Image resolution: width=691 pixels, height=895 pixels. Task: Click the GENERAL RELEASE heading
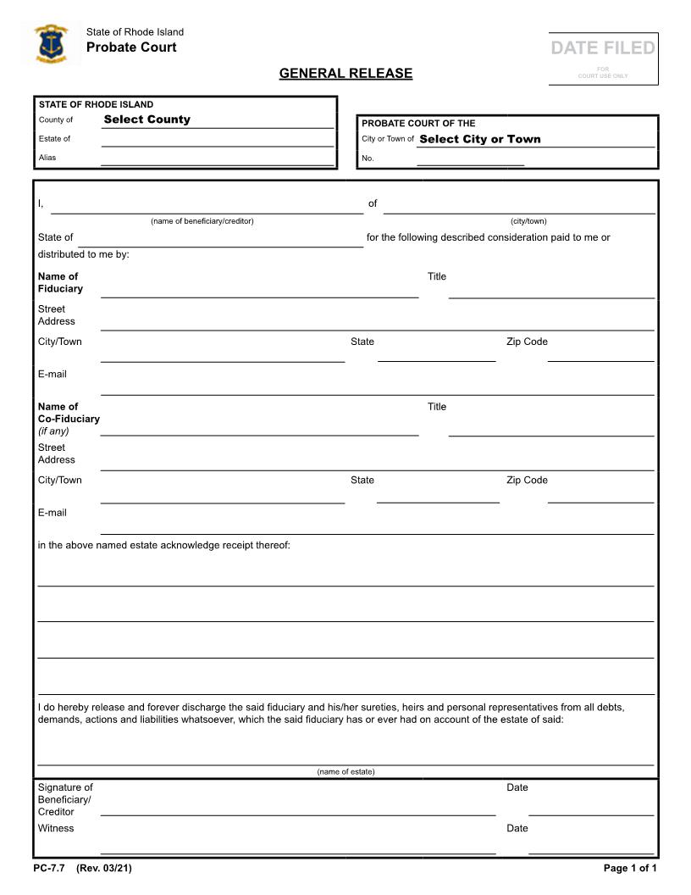(x=345, y=73)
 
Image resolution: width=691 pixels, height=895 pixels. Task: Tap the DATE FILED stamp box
(x=603, y=58)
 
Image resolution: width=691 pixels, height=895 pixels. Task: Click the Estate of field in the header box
(x=217, y=139)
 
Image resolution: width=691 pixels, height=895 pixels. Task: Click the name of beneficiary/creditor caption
(x=202, y=221)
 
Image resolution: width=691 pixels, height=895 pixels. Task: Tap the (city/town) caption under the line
(x=528, y=221)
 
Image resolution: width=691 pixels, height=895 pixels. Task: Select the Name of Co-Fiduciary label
(x=69, y=413)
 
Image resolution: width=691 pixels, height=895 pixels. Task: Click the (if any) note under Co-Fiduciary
(x=53, y=431)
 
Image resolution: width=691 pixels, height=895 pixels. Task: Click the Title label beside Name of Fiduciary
(x=437, y=276)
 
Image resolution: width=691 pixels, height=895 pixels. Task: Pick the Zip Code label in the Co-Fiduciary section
(x=527, y=480)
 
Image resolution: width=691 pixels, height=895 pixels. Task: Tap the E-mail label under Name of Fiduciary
(x=53, y=374)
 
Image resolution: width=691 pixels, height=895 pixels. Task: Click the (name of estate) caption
(x=345, y=771)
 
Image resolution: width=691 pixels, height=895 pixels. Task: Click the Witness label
(x=56, y=828)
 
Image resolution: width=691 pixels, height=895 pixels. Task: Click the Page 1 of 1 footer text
(x=630, y=868)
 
